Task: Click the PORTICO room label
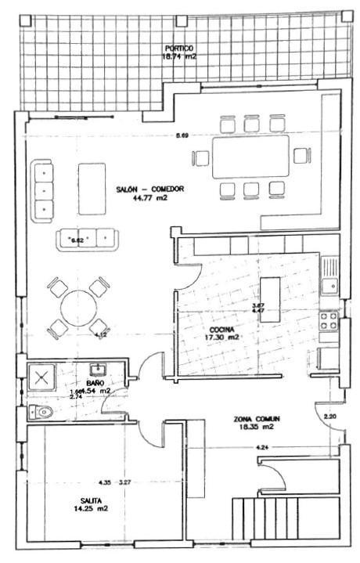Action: (179, 47)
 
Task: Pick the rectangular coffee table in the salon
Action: (92, 188)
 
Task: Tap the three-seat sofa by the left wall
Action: (42, 190)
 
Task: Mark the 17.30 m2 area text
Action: (221, 337)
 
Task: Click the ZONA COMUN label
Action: (256, 419)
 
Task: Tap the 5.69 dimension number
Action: (182, 135)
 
